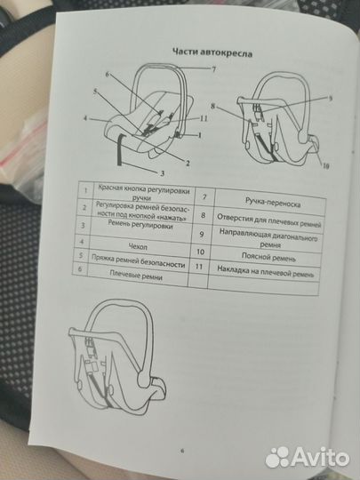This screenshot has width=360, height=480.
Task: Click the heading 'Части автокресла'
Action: (212, 52)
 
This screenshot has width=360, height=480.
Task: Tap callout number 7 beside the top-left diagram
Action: (213, 69)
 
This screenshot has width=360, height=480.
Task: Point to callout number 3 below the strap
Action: (163, 173)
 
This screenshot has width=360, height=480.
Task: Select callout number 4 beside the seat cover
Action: (85, 118)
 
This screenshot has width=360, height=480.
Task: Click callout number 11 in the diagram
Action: (204, 118)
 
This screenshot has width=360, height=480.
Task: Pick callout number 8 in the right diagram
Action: (213, 107)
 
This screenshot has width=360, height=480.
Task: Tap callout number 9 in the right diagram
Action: (331, 99)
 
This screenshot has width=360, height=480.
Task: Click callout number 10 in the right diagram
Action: (326, 166)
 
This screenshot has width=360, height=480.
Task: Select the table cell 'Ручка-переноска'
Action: (273, 203)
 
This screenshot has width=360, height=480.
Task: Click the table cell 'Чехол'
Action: (138, 246)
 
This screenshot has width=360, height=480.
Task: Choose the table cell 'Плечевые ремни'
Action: (136, 276)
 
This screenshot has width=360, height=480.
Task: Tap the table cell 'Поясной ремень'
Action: (268, 257)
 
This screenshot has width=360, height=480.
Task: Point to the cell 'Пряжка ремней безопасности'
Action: (139, 261)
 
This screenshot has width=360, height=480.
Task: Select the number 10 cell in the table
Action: (200, 252)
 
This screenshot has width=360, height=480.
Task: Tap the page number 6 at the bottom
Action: (182, 451)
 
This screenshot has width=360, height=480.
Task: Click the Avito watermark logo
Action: (307, 458)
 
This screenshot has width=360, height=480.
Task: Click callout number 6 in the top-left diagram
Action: (108, 75)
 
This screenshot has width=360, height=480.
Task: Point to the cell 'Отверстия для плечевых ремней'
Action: (269, 220)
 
